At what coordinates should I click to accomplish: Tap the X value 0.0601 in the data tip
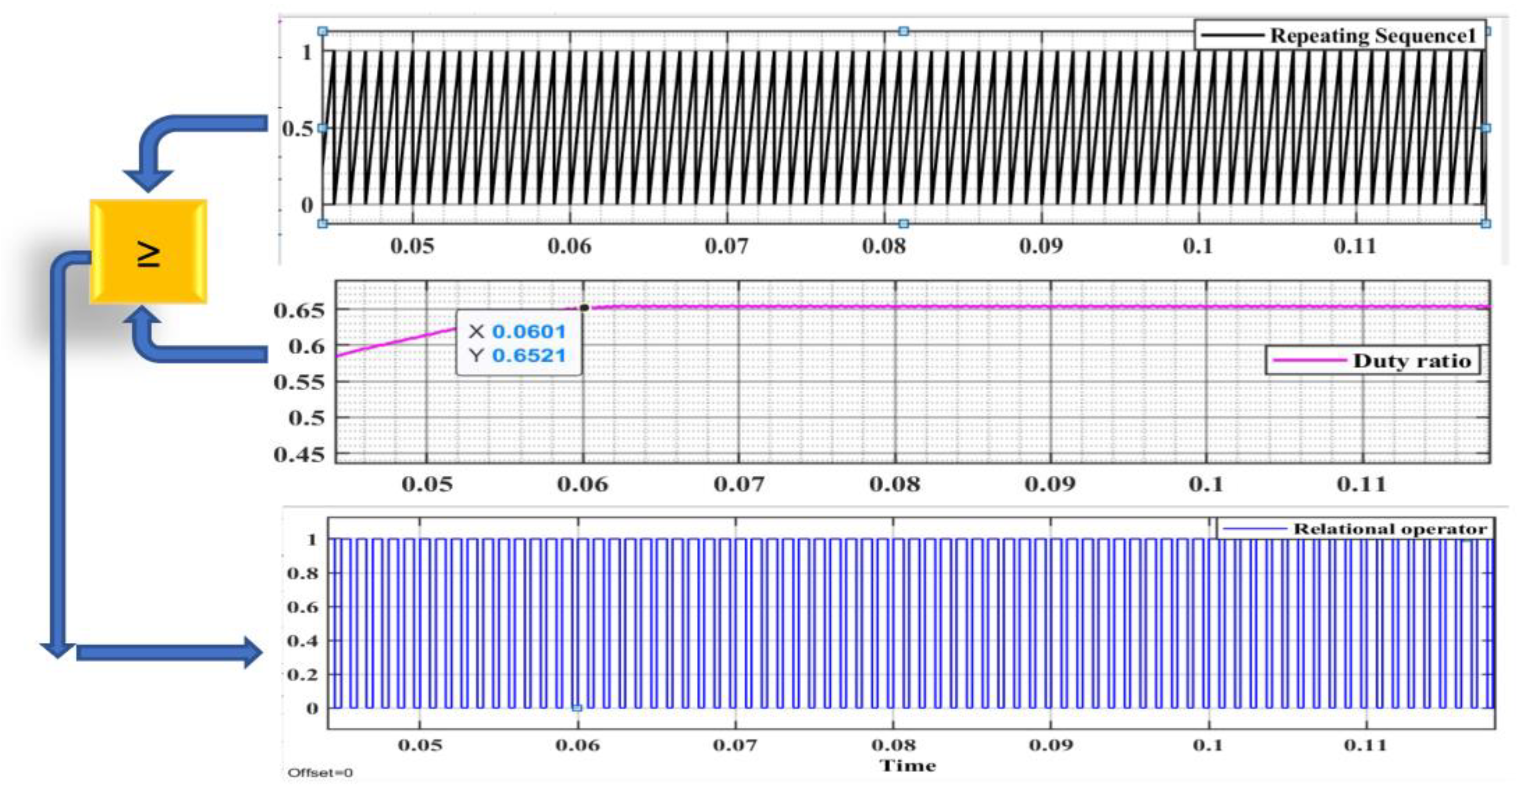[528, 332]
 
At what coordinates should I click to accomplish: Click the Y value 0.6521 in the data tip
[528, 355]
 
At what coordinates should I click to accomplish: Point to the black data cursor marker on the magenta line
[584, 307]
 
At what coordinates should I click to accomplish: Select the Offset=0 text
[321, 772]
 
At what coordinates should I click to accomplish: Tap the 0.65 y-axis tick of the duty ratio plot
[300, 310]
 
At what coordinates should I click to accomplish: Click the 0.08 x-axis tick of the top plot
[884, 246]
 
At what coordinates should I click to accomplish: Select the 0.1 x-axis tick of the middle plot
[1206, 484]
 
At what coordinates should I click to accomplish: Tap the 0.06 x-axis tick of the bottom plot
[578, 744]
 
